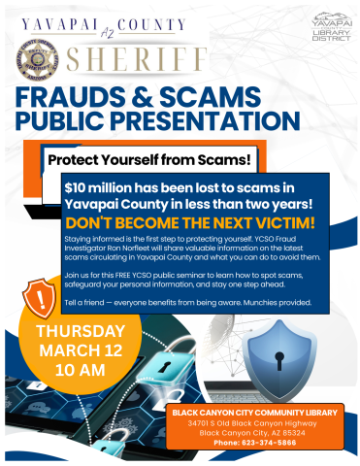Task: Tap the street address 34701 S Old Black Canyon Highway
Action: tap(254, 423)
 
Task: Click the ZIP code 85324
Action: tap(298, 432)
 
